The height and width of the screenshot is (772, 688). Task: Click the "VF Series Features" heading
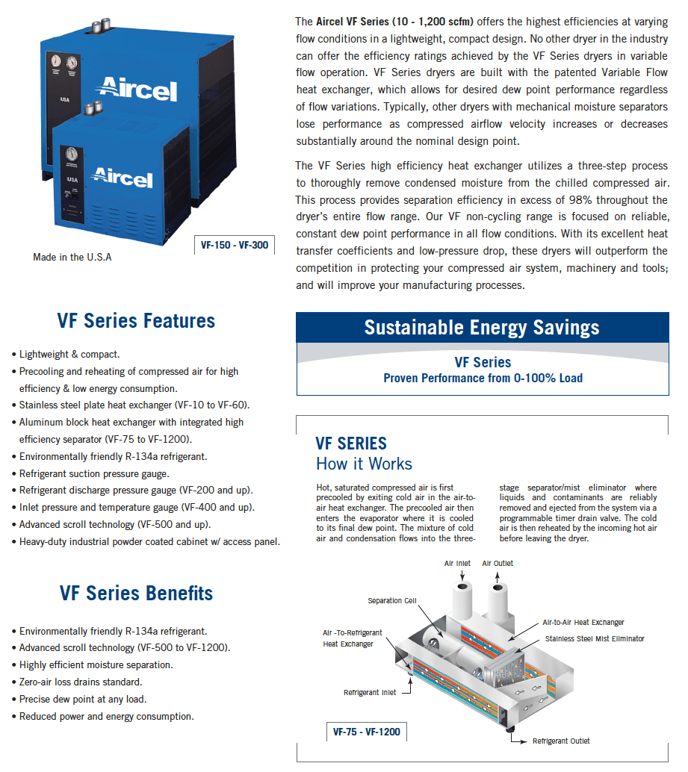(136, 321)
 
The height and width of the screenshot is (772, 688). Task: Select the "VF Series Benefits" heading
(136, 594)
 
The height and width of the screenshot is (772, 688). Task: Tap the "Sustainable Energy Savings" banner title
(482, 327)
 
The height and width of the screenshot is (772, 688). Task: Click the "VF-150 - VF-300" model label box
(234, 245)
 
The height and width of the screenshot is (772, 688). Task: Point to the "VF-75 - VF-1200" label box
(366, 732)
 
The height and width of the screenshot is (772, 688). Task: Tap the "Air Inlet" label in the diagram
(457, 563)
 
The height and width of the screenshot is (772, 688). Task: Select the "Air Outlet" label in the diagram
(498, 563)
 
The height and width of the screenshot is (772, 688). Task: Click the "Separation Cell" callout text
(392, 601)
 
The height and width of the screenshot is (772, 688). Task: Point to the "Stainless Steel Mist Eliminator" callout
(595, 639)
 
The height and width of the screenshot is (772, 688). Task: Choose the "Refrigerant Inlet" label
(370, 693)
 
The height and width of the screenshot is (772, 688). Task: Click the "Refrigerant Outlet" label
(560, 741)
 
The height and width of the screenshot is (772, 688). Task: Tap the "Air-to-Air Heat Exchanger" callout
(583, 623)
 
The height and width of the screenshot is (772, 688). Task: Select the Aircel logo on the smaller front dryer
(122, 177)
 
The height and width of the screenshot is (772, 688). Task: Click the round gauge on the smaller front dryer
(72, 155)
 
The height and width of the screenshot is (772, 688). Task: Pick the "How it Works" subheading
(364, 464)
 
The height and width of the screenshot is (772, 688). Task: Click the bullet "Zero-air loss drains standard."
(81, 682)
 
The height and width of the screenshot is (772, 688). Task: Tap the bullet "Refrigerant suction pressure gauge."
(94, 473)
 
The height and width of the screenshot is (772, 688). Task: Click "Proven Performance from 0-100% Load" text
(483, 379)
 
